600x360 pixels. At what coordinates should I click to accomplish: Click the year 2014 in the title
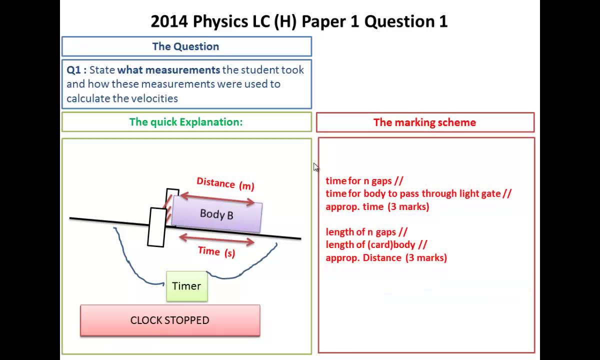169,21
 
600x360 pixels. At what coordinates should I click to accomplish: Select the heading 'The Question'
185,46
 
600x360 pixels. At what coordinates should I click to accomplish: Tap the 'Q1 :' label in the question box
76,70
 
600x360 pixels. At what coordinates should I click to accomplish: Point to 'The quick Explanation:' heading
185,122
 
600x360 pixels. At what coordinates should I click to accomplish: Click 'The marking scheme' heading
424,122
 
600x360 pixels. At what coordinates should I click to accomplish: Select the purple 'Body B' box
216,214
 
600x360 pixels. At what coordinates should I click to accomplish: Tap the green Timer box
186,286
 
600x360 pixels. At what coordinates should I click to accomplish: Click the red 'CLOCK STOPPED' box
170,320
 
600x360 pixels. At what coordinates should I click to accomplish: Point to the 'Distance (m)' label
225,183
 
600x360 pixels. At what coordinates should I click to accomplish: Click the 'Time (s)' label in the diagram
216,251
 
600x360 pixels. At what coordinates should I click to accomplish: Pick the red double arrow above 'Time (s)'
216,240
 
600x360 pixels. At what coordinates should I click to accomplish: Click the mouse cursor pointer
315,167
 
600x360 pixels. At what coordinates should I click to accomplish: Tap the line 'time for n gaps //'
364,181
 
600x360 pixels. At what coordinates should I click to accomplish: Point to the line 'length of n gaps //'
366,232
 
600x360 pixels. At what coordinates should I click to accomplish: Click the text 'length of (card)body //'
376,244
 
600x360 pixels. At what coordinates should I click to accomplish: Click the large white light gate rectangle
157,227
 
